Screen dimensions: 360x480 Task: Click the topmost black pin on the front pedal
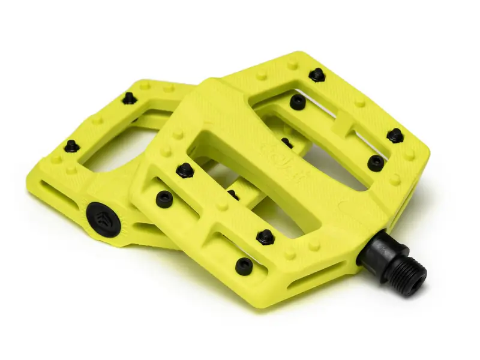pyautogui.click(x=316, y=75)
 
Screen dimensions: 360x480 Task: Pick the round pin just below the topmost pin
pyautogui.click(x=298, y=102)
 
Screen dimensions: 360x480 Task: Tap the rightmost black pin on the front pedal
pyautogui.click(x=395, y=135)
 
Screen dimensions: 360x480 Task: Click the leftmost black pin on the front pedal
pyautogui.click(x=163, y=198)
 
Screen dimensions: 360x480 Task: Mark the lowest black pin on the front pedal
pyautogui.click(x=244, y=267)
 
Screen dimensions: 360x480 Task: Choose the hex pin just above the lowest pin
pyautogui.click(x=265, y=236)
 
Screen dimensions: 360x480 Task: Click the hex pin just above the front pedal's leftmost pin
pyautogui.click(x=184, y=170)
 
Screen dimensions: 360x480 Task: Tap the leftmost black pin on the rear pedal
pyautogui.click(x=72, y=146)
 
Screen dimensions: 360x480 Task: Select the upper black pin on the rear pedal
pyautogui.click(x=128, y=98)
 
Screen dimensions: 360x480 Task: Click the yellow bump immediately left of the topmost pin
pyautogui.click(x=293, y=64)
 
